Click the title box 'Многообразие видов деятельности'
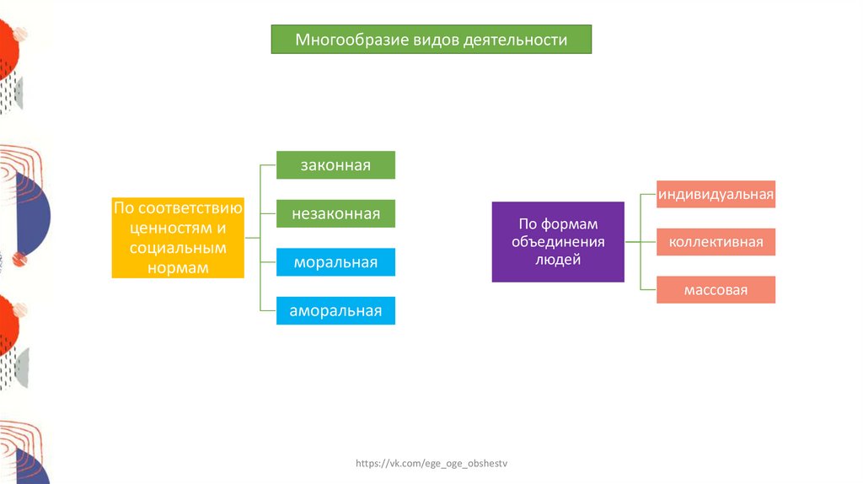click(x=431, y=40)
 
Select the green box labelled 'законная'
click(x=335, y=165)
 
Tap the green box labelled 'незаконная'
click(x=335, y=214)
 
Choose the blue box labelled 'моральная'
click(x=335, y=263)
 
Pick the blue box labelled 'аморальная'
click(x=335, y=311)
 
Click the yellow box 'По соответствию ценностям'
click(x=178, y=238)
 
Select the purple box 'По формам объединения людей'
click(x=558, y=242)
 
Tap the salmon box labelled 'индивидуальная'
click(x=716, y=195)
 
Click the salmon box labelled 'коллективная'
click(x=716, y=243)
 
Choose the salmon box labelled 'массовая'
click(x=716, y=290)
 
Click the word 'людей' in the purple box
click(x=558, y=261)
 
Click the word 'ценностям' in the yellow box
click(x=169, y=228)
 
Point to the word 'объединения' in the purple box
click(x=558, y=242)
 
